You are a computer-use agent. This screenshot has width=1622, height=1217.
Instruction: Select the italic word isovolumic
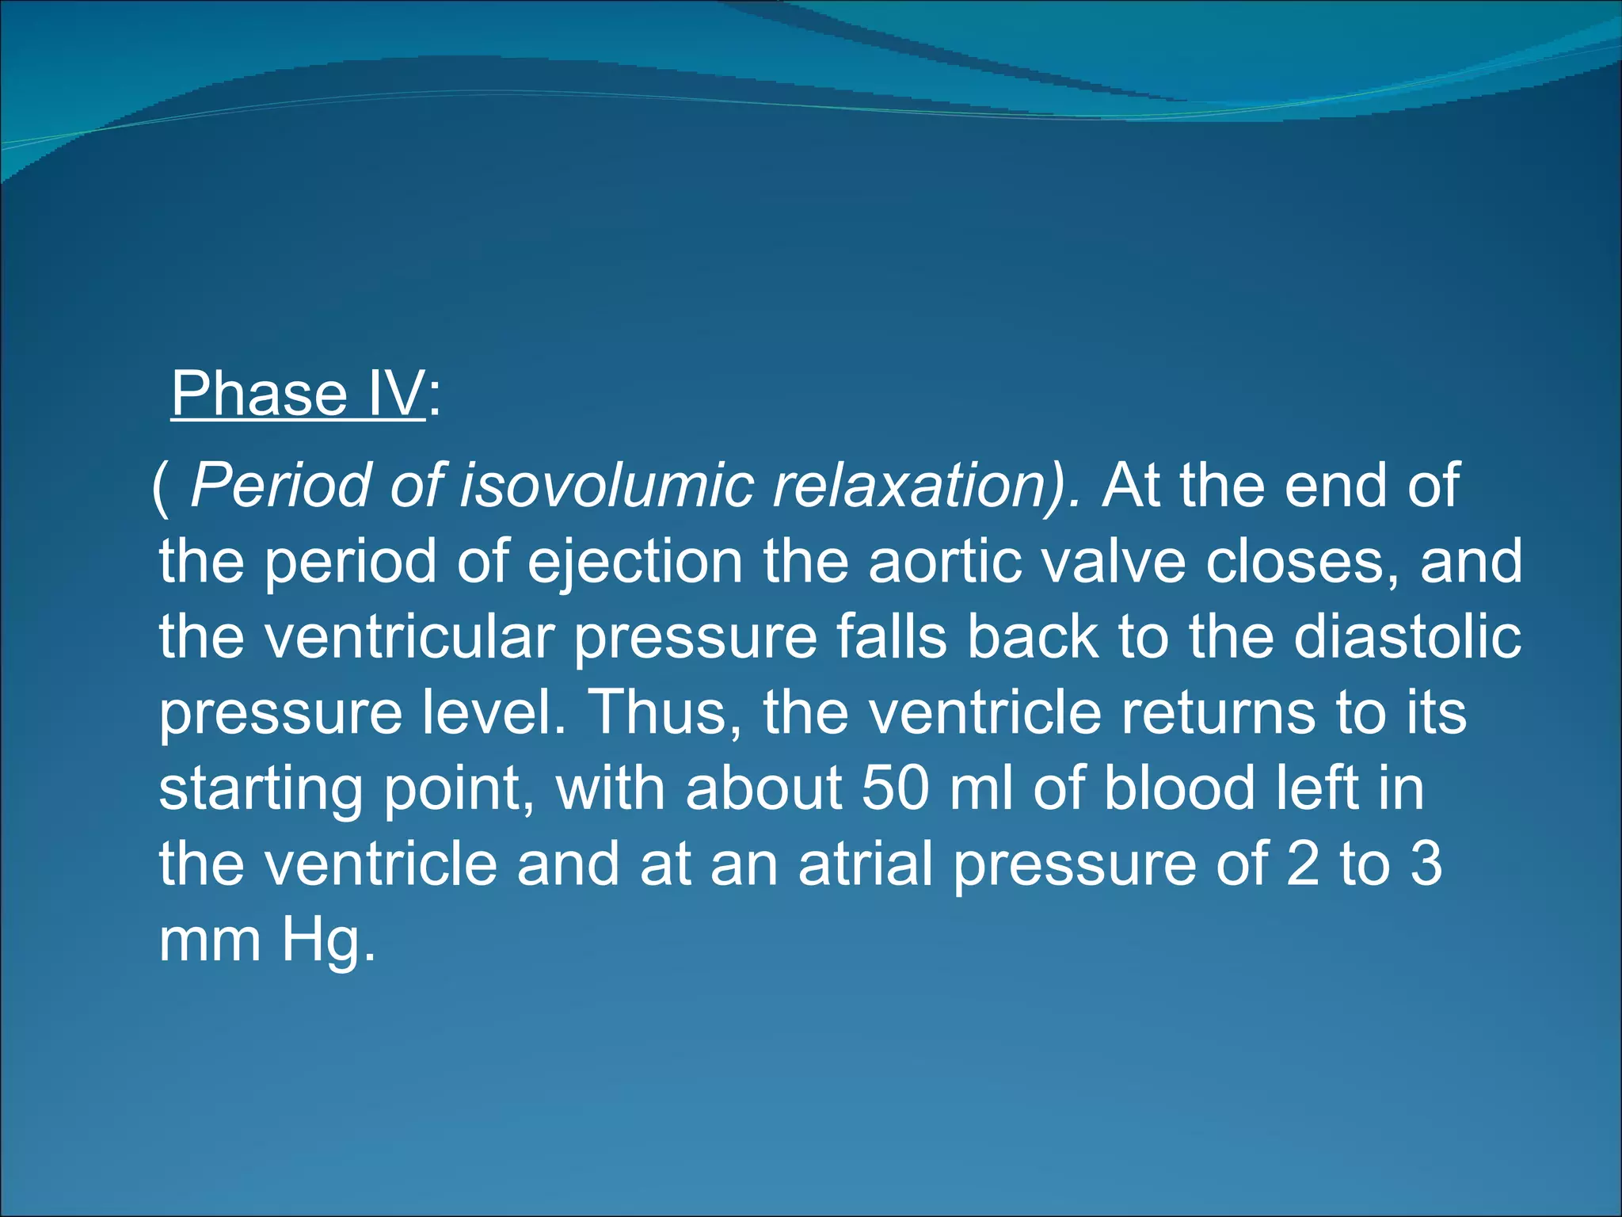607,485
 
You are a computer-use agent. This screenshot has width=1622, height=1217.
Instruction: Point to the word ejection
634,561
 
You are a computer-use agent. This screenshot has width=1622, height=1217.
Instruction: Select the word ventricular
409,637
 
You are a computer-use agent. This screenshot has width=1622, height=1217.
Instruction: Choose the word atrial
866,864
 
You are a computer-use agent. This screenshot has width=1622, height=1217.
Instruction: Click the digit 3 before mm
1426,864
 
